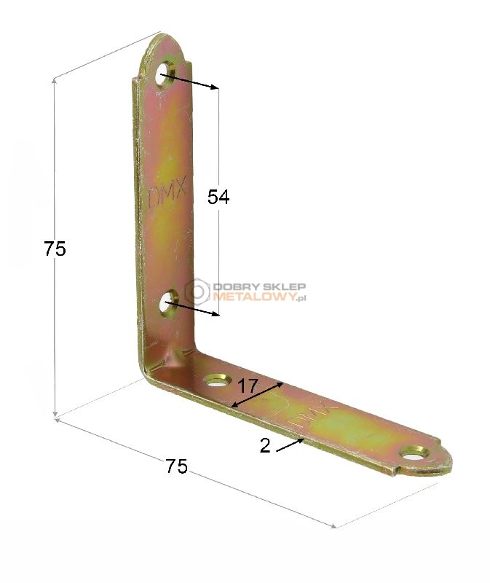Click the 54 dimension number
(218, 197)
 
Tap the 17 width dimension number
(248, 386)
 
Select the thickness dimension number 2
(265, 445)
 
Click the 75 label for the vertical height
(55, 249)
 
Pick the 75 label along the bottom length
(176, 466)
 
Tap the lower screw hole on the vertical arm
(169, 302)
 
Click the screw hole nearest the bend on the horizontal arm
(216, 380)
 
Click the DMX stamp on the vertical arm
(167, 195)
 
